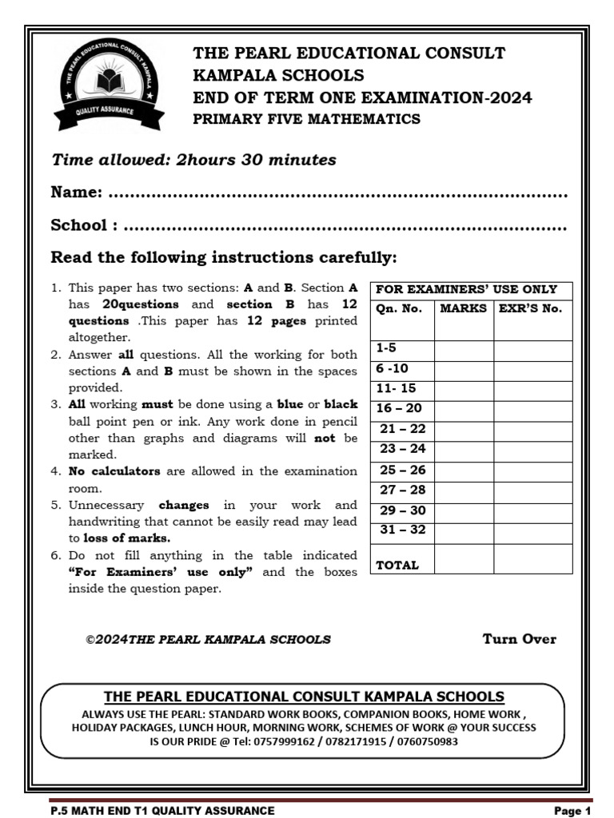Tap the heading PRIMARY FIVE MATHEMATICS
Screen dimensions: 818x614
tap(306, 119)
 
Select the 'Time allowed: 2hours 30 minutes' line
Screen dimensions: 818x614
tap(193, 160)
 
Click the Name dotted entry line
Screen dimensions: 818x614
tap(337, 194)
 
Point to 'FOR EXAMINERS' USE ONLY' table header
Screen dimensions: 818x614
tap(466, 289)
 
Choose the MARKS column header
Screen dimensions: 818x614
tap(464, 308)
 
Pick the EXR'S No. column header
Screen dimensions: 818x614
tap(531, 308)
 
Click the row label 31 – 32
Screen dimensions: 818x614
tap(402, 530)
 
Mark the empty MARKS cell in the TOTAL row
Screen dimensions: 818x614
tap(464, 558)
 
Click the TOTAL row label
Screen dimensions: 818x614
tap(397, 565)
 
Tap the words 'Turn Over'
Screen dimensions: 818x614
tap(519, 638)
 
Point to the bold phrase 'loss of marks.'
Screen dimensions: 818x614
tap(127, 538)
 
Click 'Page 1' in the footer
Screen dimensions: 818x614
tap(572, 811)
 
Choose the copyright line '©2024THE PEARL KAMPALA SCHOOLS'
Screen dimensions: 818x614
tap(208, 639)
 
